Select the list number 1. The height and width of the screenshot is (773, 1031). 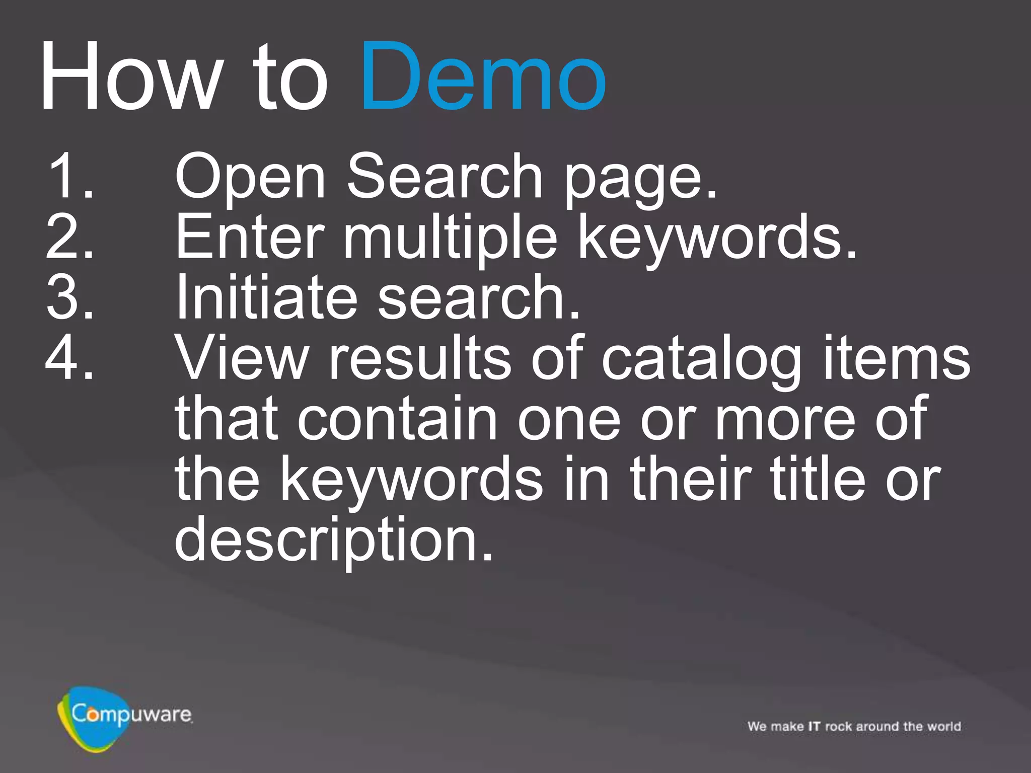tap(70, 176)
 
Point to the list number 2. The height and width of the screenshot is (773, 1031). tap(70, 237)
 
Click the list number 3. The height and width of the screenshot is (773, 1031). tap(70, 297)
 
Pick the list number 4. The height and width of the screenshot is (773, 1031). tap(70, 357)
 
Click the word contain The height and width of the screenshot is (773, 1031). tap(398, 419)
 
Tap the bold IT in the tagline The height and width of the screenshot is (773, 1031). tap(814, 726)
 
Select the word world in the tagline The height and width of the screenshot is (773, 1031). tap(944, 726)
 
